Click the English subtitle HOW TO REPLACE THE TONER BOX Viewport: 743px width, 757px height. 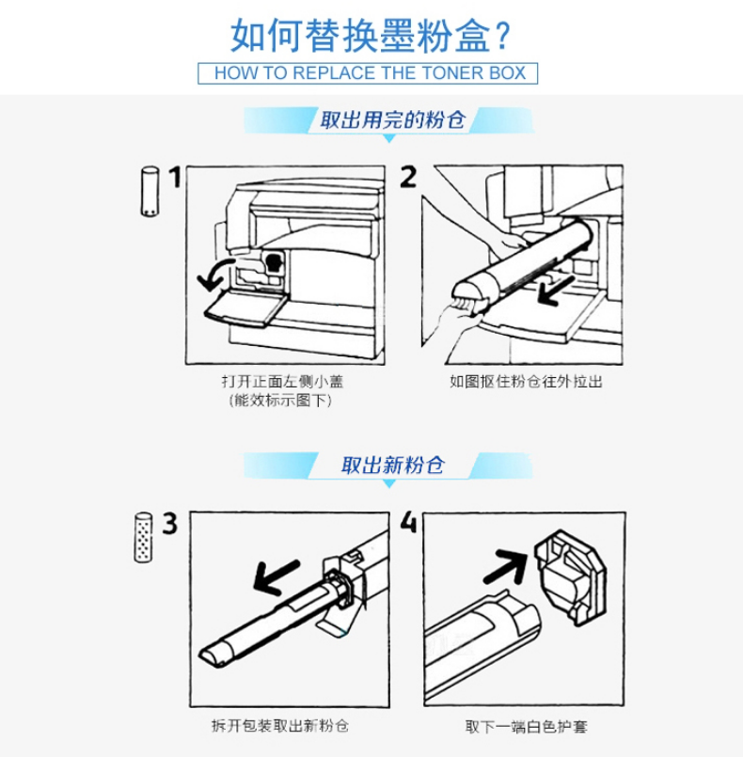click(x=370, y=73)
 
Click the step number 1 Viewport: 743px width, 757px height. click(x=175, y=177)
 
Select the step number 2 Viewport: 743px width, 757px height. click(x=408, y=177)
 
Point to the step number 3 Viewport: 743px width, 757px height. click(x=169, y=524)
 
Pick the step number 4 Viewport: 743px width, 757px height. click(x=408, y=522)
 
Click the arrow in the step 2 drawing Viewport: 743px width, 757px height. click(x=556, y=292)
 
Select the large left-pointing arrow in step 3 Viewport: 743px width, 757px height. click(x=277, y=577)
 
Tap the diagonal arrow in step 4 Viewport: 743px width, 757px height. click(x=505, y=566)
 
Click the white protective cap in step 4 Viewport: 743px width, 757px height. click(x=570, y=577)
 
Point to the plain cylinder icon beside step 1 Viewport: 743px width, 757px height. click(x=150, y=192)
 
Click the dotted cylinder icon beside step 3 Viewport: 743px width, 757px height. click(x=143, y=537)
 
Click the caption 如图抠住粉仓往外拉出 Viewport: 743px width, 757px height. click(x=526, y=382)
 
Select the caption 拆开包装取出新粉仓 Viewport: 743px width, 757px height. click(x=280, y=726)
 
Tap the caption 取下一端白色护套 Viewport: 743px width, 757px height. click(x=526, y=727)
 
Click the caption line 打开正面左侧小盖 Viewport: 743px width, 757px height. click(x=282, y=382)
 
